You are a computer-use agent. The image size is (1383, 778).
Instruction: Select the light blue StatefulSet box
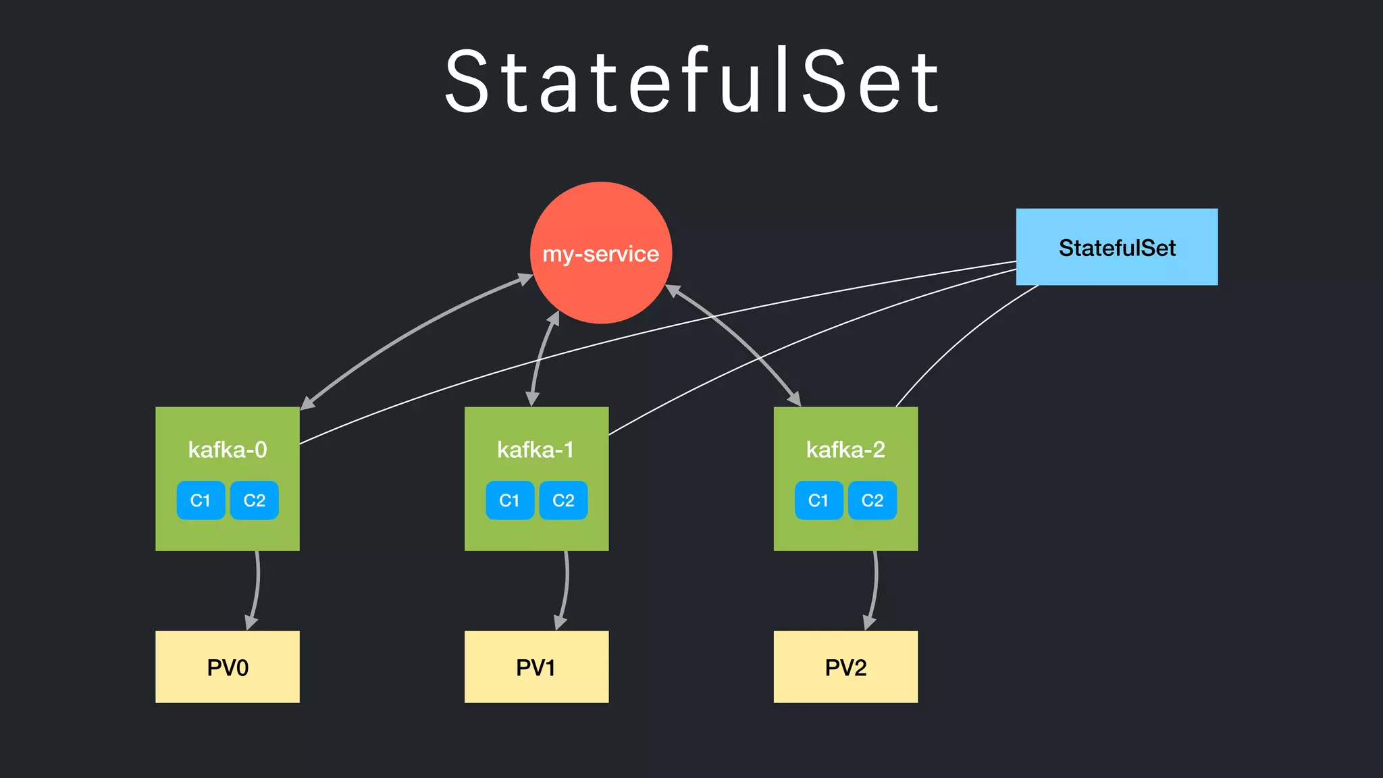1116,247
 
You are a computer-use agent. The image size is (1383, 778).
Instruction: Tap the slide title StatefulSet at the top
691,81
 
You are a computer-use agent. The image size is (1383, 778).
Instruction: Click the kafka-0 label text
228,450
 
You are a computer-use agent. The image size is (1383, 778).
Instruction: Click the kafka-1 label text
536,450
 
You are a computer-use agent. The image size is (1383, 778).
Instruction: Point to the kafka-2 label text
845,450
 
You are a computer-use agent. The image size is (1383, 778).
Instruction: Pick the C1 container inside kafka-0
201,500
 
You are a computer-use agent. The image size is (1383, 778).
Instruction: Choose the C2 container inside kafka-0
254,500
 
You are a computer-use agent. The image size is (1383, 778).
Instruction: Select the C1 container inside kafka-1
510,500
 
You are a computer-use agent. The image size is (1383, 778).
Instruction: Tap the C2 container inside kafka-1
563,500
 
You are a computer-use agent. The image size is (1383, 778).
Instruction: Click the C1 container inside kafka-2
818,500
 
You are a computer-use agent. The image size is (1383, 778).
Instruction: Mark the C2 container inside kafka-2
872,500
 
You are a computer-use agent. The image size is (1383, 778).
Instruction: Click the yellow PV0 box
228,667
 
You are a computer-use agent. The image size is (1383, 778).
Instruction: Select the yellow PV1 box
536,667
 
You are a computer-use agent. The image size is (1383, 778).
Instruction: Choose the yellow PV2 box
845,667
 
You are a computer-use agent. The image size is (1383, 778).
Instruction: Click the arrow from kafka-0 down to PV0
257,588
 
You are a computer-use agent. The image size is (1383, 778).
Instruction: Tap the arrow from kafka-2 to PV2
876,588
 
